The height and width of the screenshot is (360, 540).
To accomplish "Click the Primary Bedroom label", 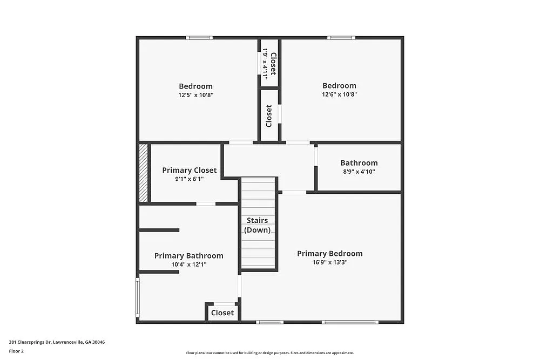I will coord(329,254).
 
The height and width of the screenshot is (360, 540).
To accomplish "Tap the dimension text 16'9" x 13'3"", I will coord(329,262).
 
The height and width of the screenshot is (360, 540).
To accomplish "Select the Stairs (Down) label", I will coord(257,225).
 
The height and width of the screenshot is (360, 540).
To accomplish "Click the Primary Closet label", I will coord(189,171).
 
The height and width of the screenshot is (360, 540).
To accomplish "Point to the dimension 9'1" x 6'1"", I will coord(189,179).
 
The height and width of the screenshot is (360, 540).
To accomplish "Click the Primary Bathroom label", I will coord(188,256).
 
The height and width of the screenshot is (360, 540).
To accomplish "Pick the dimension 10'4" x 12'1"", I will coord(188,264).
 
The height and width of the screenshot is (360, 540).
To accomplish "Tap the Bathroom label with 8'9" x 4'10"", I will coord(359,163).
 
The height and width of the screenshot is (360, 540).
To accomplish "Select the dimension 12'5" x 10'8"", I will coord(195,94).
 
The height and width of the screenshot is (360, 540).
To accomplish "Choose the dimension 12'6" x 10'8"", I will coord(339,94).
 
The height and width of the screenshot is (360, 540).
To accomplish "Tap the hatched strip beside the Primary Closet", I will coord(144,173).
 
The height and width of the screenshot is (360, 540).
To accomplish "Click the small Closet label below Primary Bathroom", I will coord(222,313).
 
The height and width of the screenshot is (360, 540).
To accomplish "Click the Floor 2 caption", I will coord(16,351).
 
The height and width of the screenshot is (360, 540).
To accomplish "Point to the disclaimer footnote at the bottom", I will coord(270,352).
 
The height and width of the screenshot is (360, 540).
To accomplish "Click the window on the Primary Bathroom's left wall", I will coord(137,297).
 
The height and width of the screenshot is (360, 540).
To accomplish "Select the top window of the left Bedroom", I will coord(199,38).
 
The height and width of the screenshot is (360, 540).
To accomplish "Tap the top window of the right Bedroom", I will coord(341,38).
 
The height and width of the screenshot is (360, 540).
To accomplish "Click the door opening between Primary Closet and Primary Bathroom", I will coord(205,203).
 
